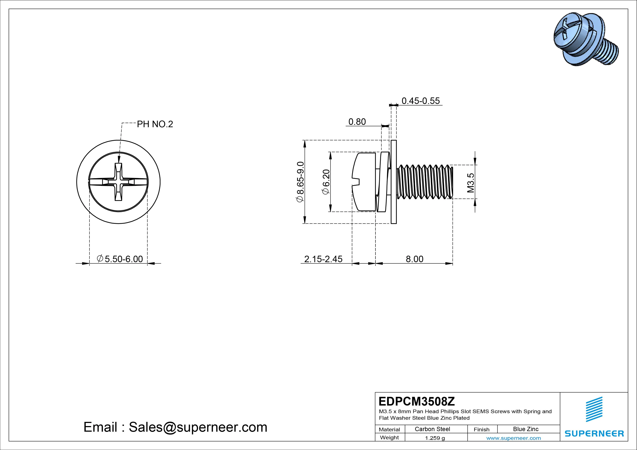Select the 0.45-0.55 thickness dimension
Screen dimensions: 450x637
tap(421, 101)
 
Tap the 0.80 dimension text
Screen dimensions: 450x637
tap(357, 122)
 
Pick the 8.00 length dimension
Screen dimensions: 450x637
tap(415, 259)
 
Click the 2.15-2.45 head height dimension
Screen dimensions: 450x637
tap(323, 259)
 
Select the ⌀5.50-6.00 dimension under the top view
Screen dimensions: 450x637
tap(120, 259)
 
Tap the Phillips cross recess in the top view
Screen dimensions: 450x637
tap(118, 182)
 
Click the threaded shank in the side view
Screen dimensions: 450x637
tap(425, 182)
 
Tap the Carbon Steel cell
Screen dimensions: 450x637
tap(432, 429)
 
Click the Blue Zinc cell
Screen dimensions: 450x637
tap(526, 429)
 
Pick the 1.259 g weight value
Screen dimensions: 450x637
tap(435, 438)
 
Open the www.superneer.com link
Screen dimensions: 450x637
tap(514, 438)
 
